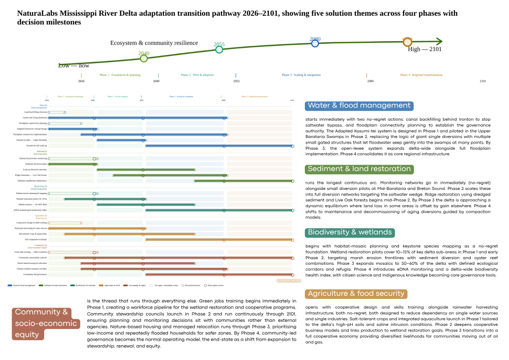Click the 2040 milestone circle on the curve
point(144,59)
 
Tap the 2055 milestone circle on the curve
point(219,49)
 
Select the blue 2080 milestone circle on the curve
point(315,43)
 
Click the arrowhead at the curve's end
point(439,42)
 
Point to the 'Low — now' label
point(73,66)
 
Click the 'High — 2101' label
point(425,49)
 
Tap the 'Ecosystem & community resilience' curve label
point(154,43)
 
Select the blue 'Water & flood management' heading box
point(359,106)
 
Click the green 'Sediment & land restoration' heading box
point(359,169)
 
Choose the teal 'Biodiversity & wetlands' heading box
point(350,232)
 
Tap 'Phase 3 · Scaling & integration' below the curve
point(301,75)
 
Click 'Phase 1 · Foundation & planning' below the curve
point(120,75)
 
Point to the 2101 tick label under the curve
point(483,81)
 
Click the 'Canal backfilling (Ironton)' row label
point(36,112)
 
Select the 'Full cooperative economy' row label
point(36,239)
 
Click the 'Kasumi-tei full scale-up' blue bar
point(219,146)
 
